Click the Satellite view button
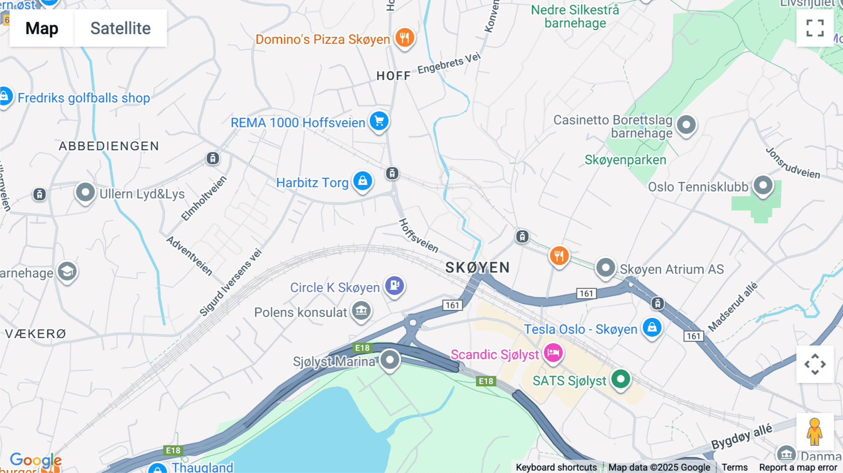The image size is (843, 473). [120, 28]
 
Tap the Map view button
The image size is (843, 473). [42, 28]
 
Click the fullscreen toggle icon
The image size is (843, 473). [815, 28]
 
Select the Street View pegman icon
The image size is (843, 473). [814, 431]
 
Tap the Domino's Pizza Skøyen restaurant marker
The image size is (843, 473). [405, 37]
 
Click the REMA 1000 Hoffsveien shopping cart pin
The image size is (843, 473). [379, 121]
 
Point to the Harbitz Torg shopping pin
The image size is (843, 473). [362, 181]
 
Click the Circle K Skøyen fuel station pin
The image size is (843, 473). [394, 285]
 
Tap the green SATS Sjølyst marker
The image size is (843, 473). [621, 379]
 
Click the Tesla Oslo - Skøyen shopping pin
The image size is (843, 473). [652, 327]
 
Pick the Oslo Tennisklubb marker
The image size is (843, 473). [763, 185]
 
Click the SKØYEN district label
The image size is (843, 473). [477, 267]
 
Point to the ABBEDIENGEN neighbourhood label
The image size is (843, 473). [109, 146]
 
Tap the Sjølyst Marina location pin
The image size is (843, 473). [390, 360]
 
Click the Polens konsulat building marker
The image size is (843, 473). [361, 310]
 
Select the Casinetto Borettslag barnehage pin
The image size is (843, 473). [687, 125]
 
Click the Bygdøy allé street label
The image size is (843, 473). [741, 437]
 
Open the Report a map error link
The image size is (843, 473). [798, 467]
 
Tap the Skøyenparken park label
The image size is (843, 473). [625, 160]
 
